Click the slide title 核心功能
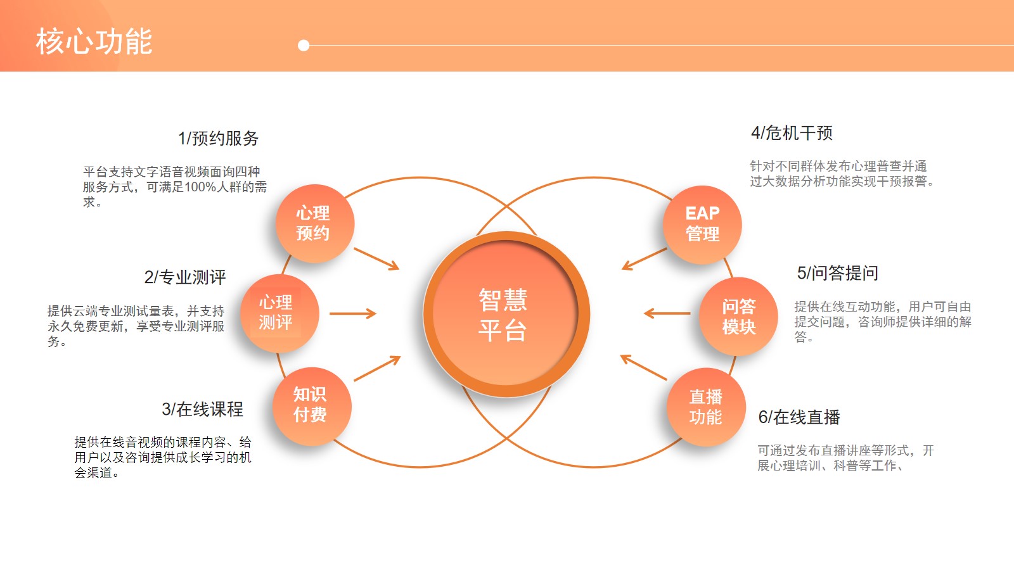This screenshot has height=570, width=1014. pyautogui.click(x=94, y=42)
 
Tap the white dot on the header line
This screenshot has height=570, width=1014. pyautogui.click(x=304, y=45)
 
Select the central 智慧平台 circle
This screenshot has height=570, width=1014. pyautogui.click(x=506, y=314)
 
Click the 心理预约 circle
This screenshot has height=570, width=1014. pyautogui.click(x=315, y=224)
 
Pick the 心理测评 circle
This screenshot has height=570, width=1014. pyautogui.click(x=279, y=313)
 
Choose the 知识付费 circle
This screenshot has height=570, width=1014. pyautogui.click(x=312, y=406)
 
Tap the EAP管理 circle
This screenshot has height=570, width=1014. pyautogui.click(x=702, y=224)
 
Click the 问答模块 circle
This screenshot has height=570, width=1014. pyautogui.click(x=738, y=316)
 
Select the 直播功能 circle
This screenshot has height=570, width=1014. pyautogui.click(x=706, y=407)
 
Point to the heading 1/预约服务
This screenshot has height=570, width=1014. pyautogui.click(x=218, y=139)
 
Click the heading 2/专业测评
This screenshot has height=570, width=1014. pyautogui.click(x=184, y=277)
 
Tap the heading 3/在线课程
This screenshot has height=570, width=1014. pyautogui.click(x=202, y=409)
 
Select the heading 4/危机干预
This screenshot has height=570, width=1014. pyautogui.click(x=792, y=133)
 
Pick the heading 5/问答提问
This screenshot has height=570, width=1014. pyautogui.click(x=837, y=273)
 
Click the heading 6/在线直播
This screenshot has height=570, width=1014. pyautogui.click(x=799, y=417)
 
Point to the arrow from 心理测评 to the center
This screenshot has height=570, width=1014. pyautogui.click(x=353, y=313)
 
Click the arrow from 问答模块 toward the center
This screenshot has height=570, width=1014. pyautogui.click(x=667, y=313)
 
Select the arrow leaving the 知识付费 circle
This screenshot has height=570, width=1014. pyautogui.click(x=377, y=368)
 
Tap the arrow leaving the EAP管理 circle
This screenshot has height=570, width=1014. pyautogui.click(x=644, y=259)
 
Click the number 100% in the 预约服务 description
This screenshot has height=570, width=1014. pyautogui.click(x=200, y=187)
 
